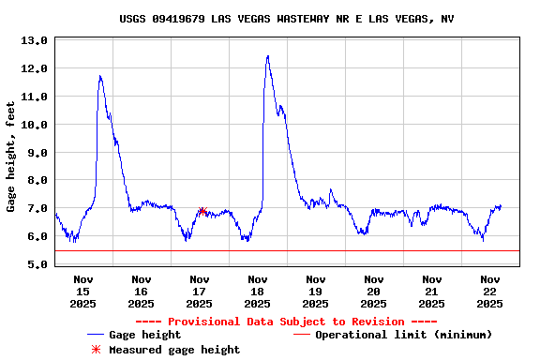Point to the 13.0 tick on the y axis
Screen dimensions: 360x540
coord(34,41)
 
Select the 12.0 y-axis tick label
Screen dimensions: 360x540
coord(34,69)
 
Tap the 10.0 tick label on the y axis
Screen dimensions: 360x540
coord(34,125)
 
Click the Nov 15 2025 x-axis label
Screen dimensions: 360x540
coord(83,291)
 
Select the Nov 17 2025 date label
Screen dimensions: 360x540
coord(199,291)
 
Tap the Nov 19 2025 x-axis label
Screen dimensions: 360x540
coord(315,291)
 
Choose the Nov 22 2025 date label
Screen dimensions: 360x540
coord(489,291)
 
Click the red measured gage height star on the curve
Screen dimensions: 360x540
coord(202,212)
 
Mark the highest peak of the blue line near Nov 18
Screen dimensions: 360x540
coord(267,56)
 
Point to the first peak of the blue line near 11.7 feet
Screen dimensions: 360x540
coord(100,77)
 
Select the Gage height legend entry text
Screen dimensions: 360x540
coord(144,335)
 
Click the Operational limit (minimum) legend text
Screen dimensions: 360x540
coord(403,335)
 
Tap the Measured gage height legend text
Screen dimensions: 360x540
coord(174,350)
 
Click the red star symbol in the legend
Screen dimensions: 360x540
coord(95,350)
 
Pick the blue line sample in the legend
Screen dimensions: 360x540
coord(95,335)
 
